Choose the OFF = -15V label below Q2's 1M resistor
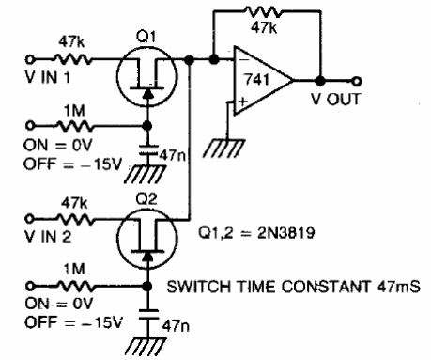click(x=45, y=322)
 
